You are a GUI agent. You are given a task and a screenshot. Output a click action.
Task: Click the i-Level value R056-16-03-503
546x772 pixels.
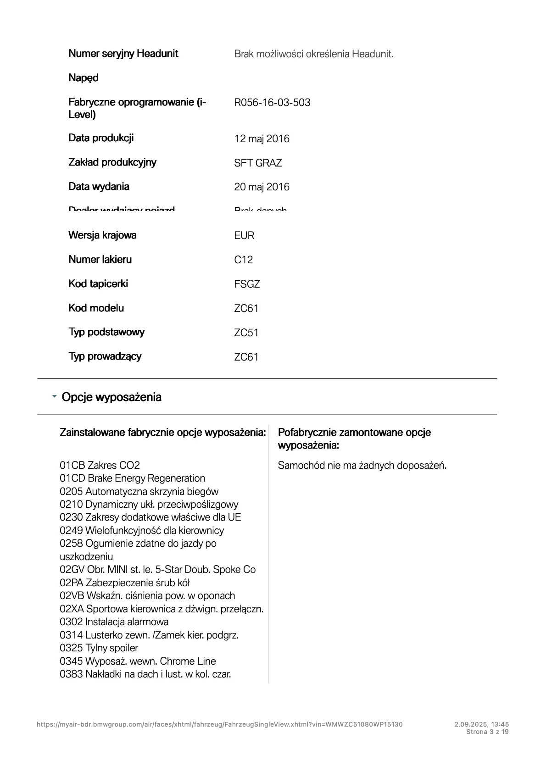pyautogui.click(x=272, y=102)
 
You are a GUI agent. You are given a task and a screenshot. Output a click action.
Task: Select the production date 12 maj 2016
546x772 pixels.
pyautogui.click(x=262, y=139)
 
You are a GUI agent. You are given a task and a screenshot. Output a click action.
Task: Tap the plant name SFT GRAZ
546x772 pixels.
pyautogui.click(x=258, y=163)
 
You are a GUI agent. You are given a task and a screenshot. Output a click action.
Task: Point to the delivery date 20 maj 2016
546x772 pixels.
pyautogui.click(x=262, y=187)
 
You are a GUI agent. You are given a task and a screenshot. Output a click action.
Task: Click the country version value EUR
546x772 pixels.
pyautogui.click(x=244, y=235)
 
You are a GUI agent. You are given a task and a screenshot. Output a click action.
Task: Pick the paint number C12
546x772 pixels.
pyautogui.click(x=243, y=260)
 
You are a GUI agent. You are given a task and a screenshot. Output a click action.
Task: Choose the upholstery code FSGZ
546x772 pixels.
pyautogui.click(x=247, y=284)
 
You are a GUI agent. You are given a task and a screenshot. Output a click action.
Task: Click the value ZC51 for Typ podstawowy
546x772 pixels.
pyautogui.click(x=246, y=333)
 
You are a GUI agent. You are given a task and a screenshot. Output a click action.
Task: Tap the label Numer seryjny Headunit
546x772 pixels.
pyautogui.click(x=123, y=53)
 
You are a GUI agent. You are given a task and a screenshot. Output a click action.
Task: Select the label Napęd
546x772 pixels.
pyautogui.click(x=84, y=78)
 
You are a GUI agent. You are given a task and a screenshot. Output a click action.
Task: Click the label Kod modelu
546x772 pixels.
pyautogui.click(x=96, y=308)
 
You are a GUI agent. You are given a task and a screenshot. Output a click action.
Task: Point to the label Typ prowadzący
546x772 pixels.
pyautogui.click(x=105, y=356)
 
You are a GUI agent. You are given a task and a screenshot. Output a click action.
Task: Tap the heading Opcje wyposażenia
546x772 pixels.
pyautogui.click(x=111, y=397)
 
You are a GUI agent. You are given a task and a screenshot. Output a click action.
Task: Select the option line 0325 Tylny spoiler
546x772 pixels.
pyautogui.click(x=99, y=648)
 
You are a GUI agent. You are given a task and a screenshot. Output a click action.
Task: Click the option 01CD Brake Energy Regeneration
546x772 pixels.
pyautogui.click(x=132, y=478)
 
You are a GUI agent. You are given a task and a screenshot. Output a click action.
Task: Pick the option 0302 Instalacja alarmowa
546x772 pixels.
pyautogui.click(x=114, y=622)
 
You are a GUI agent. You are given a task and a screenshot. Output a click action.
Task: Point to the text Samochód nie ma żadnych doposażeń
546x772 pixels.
pyautogui.click(x=362, y=465)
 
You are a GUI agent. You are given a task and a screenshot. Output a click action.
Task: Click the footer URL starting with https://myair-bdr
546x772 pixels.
pyautogui.click(x=219, y=724)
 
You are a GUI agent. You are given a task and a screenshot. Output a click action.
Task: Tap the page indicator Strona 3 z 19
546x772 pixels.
pyautogui.click(x=487, y=732)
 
